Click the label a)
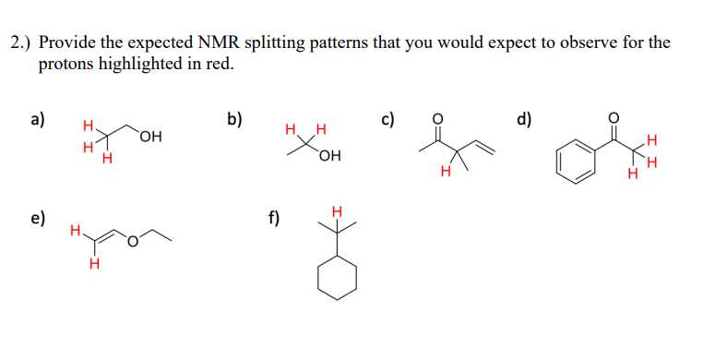pos(38,118)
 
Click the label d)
pos(525,118)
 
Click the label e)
pos(38,219)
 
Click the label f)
pos(275,219)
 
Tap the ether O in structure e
pos(133,242)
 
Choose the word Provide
pos(67,43)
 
